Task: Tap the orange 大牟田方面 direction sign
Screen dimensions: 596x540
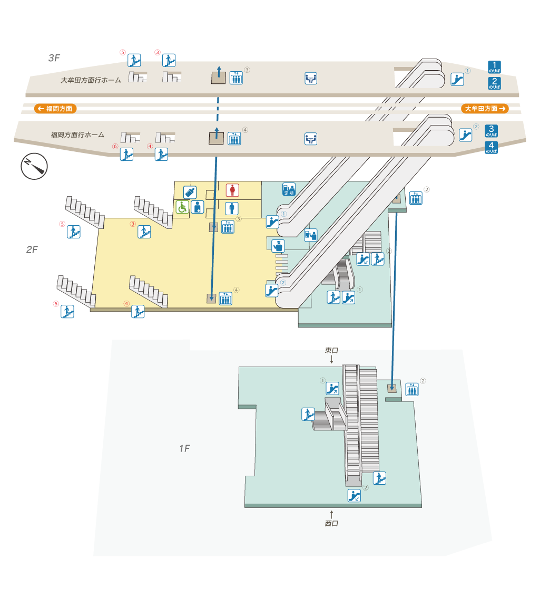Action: tap(485, 109)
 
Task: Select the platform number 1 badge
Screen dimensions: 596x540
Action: tap(494, 67)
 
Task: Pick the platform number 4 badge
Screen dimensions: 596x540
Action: tap(492, 148)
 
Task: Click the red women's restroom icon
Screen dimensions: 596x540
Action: tap(232, 190)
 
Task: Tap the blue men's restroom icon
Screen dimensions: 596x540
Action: tap(232, 208)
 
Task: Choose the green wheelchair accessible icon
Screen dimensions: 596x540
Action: tap(182, 207)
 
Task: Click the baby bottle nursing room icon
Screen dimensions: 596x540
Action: tap(190, 192)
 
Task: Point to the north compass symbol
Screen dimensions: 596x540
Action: tap(34, 166)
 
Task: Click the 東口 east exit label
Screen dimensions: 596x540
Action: tap(331, 351)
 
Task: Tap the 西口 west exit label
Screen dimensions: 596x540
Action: tap(331, 523)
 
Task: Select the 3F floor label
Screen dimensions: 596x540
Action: tap(54, 58)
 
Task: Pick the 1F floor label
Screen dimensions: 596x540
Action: tap(184, 449)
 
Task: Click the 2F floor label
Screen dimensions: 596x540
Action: tap(32, 249)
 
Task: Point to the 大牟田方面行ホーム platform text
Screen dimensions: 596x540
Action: tap(91, 81)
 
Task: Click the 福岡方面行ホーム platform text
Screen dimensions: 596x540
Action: tap(77, 135)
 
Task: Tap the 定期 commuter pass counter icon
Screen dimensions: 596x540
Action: tap(289, 189)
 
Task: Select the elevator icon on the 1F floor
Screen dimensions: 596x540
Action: tap(412, 390)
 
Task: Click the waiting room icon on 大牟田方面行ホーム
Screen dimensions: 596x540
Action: tap(311, 79)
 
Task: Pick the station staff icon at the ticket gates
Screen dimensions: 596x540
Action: tap(278, 245)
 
